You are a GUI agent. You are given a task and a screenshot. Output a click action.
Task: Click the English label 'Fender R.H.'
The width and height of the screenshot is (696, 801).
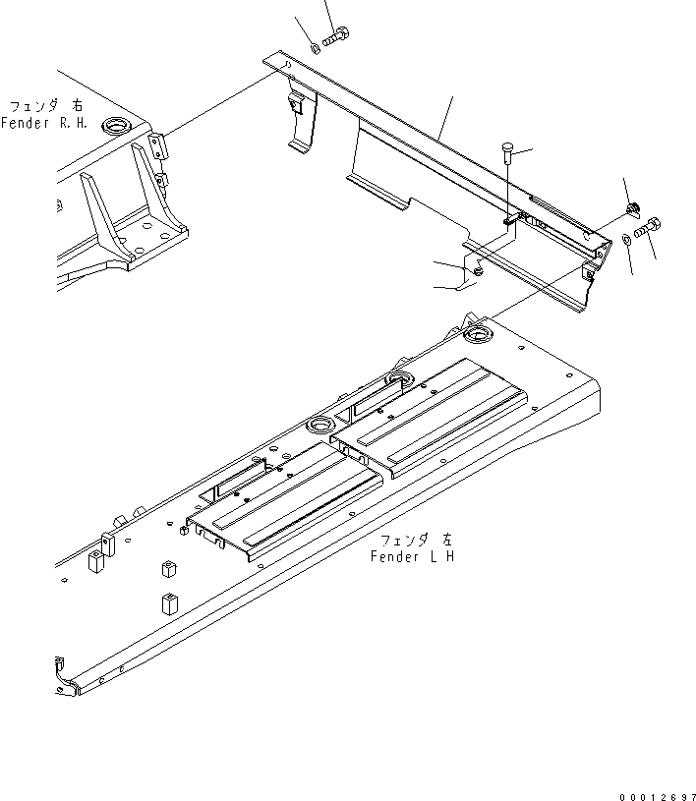point(44,123)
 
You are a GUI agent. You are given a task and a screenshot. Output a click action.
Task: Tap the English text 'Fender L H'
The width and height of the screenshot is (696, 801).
point(412,557)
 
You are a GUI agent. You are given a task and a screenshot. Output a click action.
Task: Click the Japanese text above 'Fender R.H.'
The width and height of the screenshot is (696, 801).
point(46,105)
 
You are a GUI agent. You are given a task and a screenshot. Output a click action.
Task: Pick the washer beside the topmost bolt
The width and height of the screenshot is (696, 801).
point(314,45)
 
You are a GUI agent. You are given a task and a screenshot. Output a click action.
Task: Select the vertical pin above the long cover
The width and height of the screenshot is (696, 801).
point(506,153)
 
